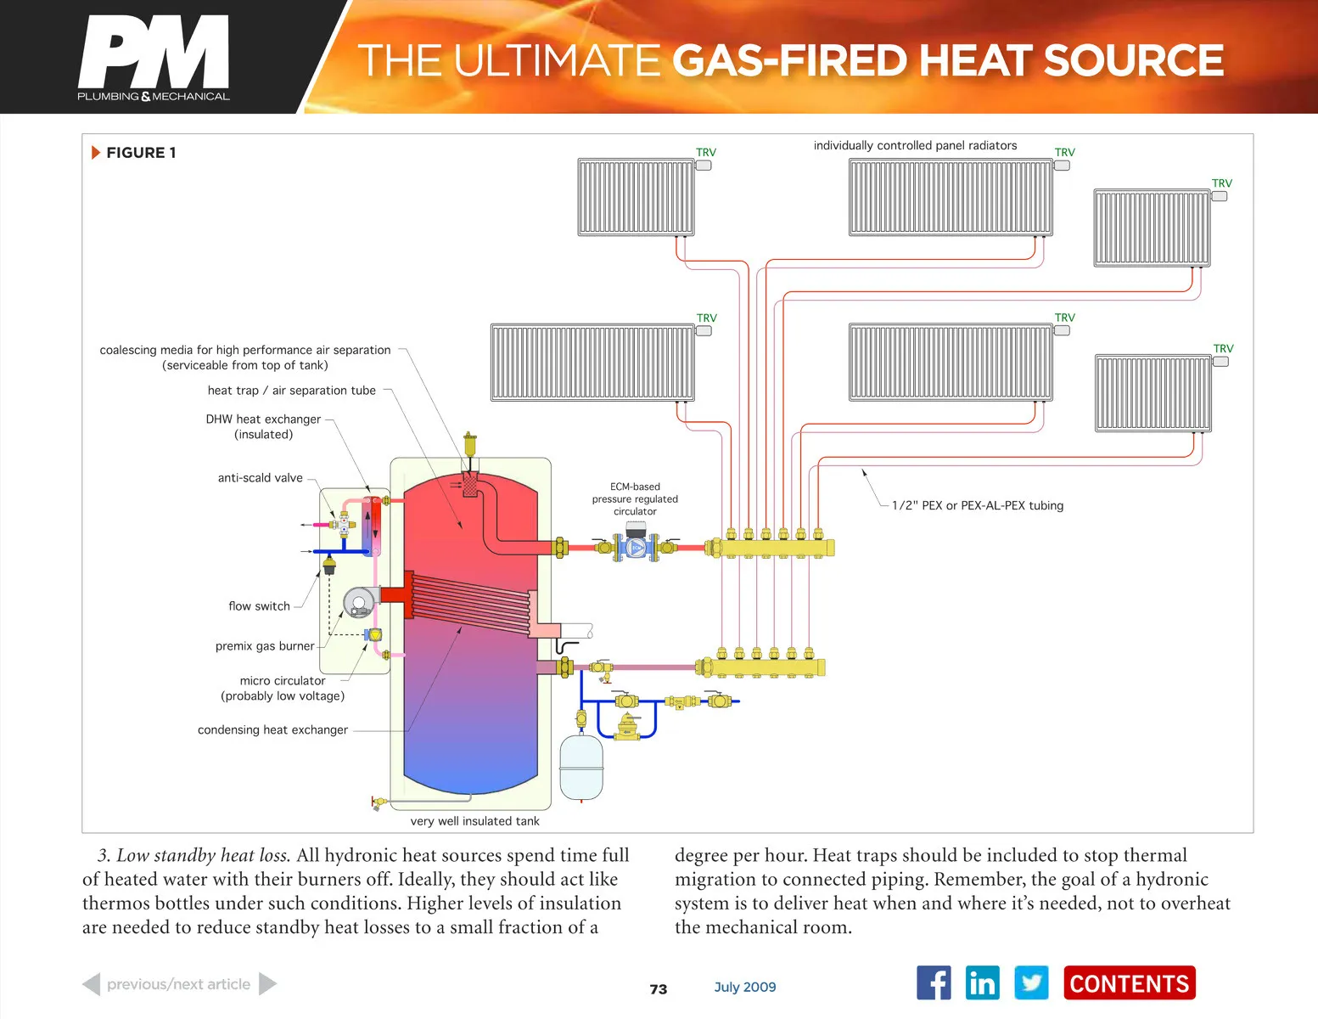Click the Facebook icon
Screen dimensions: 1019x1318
click(x=934, y=983)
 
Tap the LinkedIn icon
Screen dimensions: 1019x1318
click(x=982, y=983)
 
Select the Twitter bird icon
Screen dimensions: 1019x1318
click(x=1031, y=983)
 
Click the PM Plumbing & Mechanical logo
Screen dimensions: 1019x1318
click(x=154, y=58)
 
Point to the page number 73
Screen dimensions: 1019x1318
click(x=659, y=989)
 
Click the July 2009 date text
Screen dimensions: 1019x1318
click(x=745, y=987)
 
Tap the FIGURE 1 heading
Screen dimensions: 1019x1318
click(x=141, y=153)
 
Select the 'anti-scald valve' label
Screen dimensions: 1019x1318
click(x=260, y=478)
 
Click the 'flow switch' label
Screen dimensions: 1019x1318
click(x=259, y=606)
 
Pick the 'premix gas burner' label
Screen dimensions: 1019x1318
click(x=265, y=646)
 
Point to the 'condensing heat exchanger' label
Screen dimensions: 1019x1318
click(x=272, y=730)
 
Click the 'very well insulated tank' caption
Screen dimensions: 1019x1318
click(x=474, y=821)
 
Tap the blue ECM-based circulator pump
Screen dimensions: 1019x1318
click(x=636, y=547)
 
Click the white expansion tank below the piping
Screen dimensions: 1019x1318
click(x=581, y=767)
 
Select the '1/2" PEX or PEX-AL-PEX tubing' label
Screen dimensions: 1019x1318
click(x=977, y=506)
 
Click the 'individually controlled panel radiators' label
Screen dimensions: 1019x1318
click(x=915, y=146)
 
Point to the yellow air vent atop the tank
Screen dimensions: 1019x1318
click(x=469, y=444)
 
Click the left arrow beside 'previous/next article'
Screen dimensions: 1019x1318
click(x=92, y=984)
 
